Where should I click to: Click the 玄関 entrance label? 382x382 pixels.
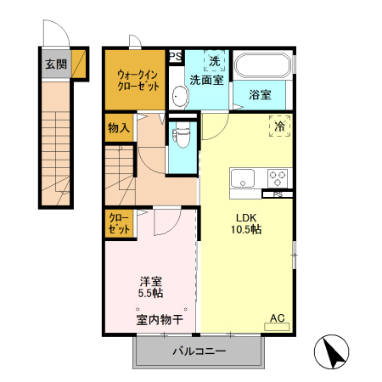pyautogui.click(x=56, y=64)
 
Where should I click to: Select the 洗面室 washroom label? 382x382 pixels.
pyautogui.click(x=206, y=80)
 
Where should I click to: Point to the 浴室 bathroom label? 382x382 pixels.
pyautogui.click(x=260, y=94)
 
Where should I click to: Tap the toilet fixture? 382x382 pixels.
pyautogui.click(x=180, y=133)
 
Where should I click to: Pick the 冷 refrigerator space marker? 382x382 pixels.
pyautogui.click(x=280, y=126)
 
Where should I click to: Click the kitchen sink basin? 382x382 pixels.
pyautogui.click(x=243, y=179)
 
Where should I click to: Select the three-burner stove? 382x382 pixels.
pyautogui.click(x=278, y=178)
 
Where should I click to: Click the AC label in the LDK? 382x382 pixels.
pyautogui.click(x=277, y=318)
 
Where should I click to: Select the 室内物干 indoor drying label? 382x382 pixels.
pyautogui.click(x=154, y=320)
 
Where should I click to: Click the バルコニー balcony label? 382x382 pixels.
pyautogui.click(x=199, y=351)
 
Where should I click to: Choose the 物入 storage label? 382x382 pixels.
pyautogui.click(x=118, y=129)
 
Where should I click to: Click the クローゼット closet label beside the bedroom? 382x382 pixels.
pyautogui.click(x=118, y=224)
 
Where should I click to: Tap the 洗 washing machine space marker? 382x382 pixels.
pyautogui.click(x=215, y=61)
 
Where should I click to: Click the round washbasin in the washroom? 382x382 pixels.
pyautogui.click(x=179, y=94)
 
